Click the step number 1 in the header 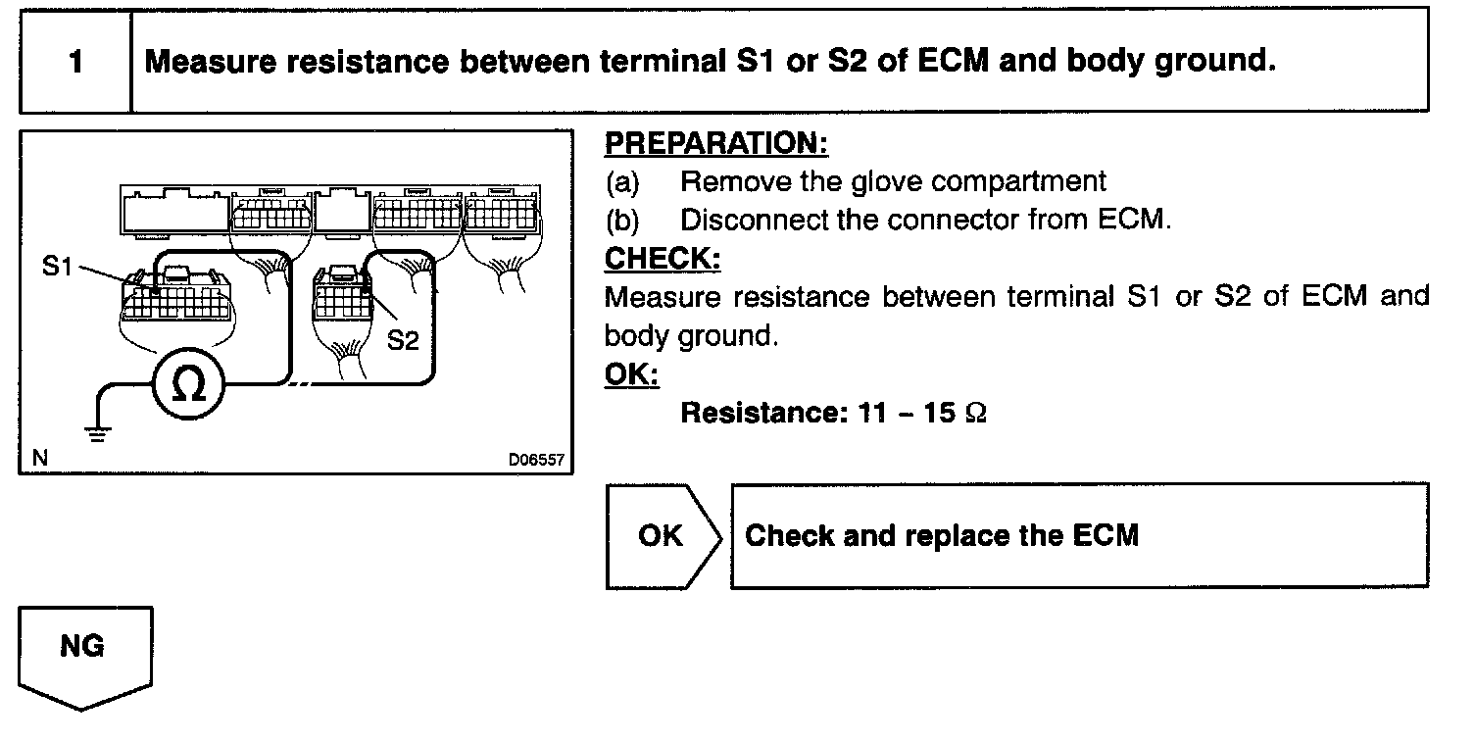pos(75,62)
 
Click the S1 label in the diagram pos(59,267)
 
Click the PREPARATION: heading pos(716,143)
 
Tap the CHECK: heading pos(663,259)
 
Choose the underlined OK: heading pos(632,374)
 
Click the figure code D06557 pos(536,460)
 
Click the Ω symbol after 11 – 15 pos(975,413)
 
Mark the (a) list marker pos(622,181)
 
